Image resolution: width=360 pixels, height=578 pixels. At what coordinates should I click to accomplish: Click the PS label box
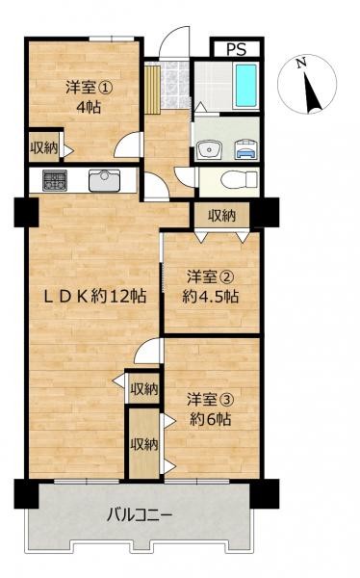[236, 49]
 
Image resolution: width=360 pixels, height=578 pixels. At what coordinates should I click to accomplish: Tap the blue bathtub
[246, 86]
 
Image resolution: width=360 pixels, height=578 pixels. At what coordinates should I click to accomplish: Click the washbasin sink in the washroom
[208, 150]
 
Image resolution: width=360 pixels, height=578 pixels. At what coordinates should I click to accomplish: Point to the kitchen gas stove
[55, 180]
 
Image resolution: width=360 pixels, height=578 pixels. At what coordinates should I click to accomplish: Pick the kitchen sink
[105, 181]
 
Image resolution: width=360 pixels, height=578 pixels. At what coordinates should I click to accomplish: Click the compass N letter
[302, 63]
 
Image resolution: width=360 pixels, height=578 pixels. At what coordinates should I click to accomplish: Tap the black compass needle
[312, 92]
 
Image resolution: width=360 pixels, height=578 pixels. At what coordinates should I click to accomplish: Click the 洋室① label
[89, 88]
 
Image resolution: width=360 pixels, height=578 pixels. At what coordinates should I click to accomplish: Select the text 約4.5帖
[211, 297]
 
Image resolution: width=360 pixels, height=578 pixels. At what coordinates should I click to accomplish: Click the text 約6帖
[211, 419]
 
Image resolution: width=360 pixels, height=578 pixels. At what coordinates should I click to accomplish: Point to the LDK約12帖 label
[95, 296]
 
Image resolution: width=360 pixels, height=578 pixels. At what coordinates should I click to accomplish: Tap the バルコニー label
[140, 515]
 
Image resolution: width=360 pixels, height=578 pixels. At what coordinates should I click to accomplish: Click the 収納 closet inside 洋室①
[44, 147]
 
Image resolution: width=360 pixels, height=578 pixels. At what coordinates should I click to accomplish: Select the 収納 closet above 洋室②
[221, 216]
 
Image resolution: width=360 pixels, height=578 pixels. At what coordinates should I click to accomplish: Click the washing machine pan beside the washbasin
[245, 150]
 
